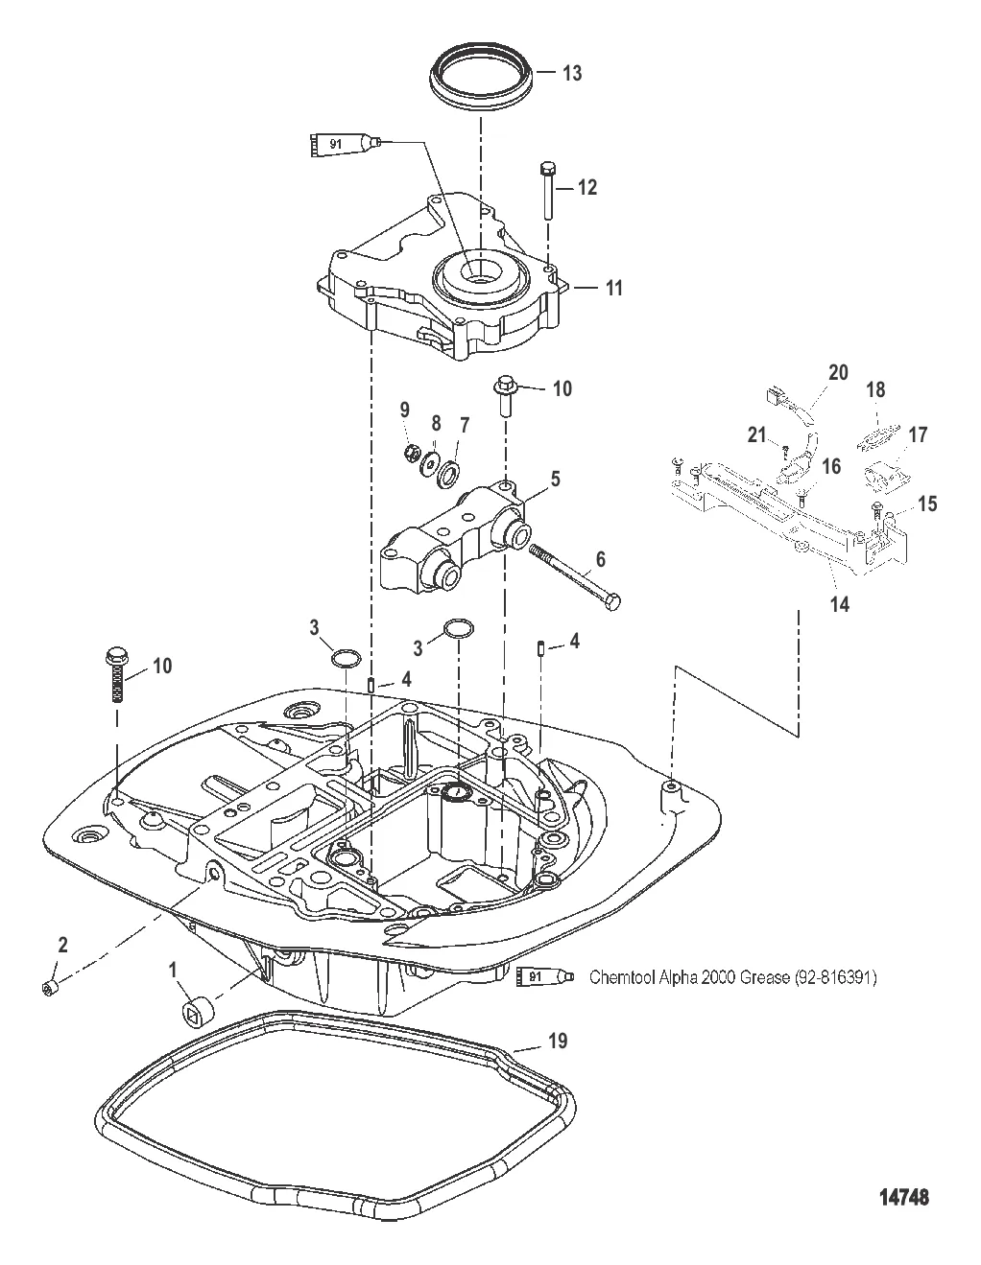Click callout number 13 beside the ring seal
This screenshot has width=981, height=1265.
point(572,74)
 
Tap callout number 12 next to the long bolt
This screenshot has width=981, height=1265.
point(586,188)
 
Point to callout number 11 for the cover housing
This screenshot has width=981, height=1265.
point(611,287)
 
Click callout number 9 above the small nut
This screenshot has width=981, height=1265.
point(405,410)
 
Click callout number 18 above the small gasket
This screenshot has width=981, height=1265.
point(875,391)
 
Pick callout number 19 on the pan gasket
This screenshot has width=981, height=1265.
point(558,1041)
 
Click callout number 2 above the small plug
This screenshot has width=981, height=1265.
point(62,945)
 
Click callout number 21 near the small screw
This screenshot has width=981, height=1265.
point(758,436)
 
